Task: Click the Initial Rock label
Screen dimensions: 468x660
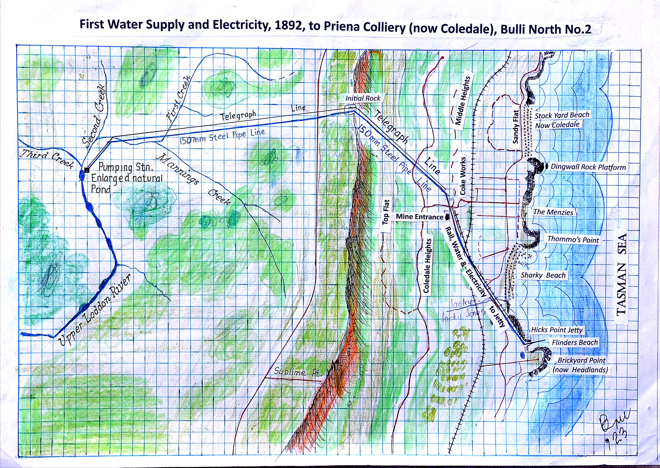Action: pyautogui.click(x=363, y=98)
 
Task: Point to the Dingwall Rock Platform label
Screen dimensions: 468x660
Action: pyautogui.click(x=588, y=167)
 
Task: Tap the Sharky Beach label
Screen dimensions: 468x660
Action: pyautogui.click(x=543, y=275)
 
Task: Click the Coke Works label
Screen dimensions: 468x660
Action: pyautogui.click(x=463, y=176)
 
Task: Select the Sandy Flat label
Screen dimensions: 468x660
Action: pyautogui.click(x=516, y=127)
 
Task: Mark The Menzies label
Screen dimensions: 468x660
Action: pyautogui.click(x=553, y=212)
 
